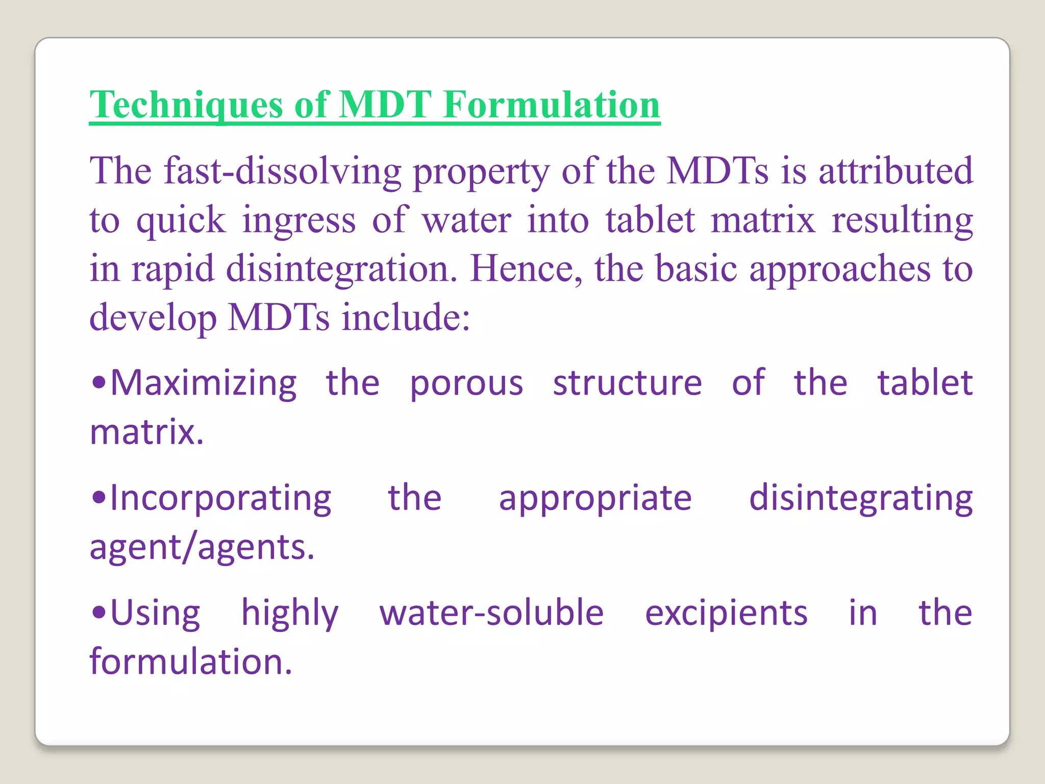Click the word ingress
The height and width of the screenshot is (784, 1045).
298,220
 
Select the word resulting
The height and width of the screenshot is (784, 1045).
902,220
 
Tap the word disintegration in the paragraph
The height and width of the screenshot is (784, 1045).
341,269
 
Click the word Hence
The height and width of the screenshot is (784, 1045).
526,269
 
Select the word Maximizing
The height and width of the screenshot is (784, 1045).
203,383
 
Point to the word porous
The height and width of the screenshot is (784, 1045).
466,383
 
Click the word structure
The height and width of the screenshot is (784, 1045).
627,383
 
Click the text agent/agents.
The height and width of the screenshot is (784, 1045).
202,548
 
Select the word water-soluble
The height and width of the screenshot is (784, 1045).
491,612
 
